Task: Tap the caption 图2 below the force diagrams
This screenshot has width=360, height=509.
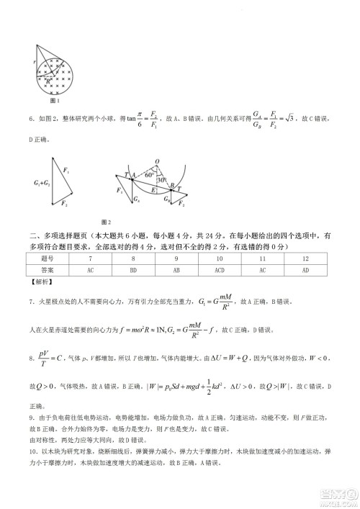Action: click(107, 221)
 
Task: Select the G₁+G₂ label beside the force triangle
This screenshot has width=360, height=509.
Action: click(42, 186)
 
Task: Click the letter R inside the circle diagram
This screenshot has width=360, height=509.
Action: click(48, 81)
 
